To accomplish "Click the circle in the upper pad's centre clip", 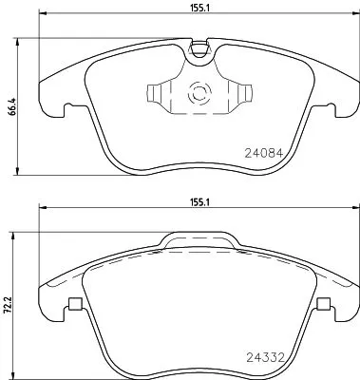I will coord(199,95).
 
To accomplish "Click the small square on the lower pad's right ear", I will coord(324,306).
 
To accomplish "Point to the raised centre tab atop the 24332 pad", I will coord(198,242).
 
